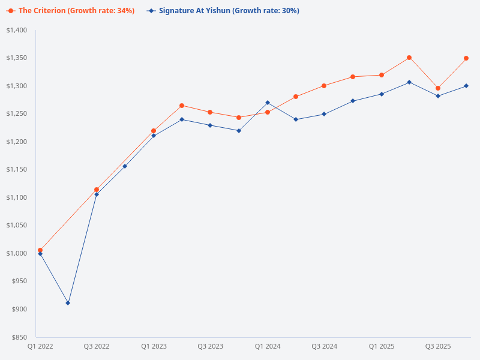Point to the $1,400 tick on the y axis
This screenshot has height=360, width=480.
[17, 30]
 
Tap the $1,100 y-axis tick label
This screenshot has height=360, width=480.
[17, 197]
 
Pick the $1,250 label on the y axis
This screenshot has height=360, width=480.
[17, 114]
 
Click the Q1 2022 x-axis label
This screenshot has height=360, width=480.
[40, 347]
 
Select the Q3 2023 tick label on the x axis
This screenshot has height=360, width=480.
[210, 347]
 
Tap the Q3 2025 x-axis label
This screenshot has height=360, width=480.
[438, 347]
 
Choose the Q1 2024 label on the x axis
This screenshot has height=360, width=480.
[268, 347]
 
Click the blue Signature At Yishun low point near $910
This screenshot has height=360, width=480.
[68, 303]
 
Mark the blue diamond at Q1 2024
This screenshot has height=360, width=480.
[268, 103]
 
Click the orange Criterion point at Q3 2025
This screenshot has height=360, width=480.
[438, 88]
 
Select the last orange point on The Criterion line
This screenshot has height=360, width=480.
[466, 58]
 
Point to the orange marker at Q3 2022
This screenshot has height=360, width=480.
[97, 190]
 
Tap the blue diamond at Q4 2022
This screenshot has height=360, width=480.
[125, 166]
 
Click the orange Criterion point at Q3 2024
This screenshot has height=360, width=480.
[324, 86]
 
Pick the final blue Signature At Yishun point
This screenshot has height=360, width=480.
[466, 86]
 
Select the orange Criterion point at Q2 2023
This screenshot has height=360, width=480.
[182, 106]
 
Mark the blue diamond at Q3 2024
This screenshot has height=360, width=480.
[324, 114]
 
